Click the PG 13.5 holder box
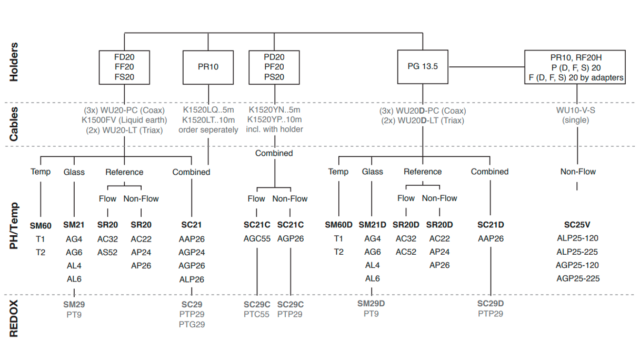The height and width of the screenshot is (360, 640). [423, 67]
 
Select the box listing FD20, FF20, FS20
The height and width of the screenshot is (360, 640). [124, 67]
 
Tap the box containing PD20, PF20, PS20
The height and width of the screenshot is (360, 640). [274, 67]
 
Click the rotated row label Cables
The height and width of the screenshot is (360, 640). [14, 124]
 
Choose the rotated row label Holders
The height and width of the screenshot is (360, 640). [14, 62]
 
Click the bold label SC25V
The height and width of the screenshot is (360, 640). [577, 225]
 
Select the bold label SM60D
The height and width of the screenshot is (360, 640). [338, 225]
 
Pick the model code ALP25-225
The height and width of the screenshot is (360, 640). [577, 252]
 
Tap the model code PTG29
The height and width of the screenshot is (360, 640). [192, 324]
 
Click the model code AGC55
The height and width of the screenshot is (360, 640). [257, 238]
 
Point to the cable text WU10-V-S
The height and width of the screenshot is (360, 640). [577, 111]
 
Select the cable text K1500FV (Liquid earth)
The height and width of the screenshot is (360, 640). [124, 120]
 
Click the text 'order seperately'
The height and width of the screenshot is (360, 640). [208, 129]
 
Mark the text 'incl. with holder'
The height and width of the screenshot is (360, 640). [274, 129]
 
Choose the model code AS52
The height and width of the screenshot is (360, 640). [107, 252]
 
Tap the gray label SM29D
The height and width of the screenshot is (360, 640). [372, 304]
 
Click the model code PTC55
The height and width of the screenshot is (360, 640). [257, 314]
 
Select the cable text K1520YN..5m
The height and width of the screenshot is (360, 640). [274, 110]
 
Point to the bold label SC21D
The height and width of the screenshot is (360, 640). [491, 225]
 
